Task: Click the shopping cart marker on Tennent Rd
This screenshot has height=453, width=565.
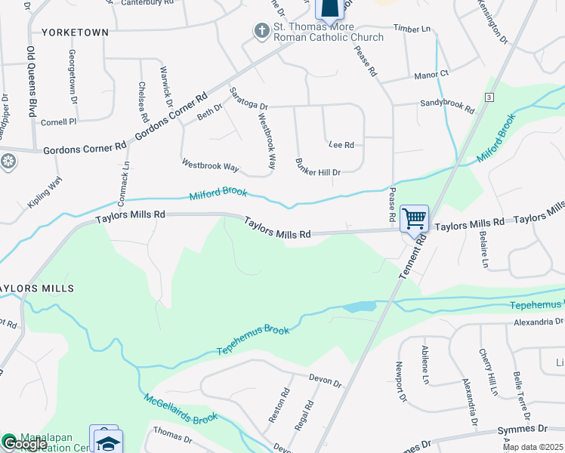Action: [414, 219]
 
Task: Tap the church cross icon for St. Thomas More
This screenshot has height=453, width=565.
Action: [261, 31]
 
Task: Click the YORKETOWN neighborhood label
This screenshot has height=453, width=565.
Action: [76, 32]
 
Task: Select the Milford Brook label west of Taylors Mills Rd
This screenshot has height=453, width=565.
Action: [218, 194]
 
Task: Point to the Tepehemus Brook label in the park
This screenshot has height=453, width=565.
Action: [254, 341]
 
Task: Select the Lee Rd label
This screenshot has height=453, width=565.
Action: [341, 143]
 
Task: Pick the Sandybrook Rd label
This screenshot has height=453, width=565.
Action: [447, 106]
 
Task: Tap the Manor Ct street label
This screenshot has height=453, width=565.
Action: [431, 74]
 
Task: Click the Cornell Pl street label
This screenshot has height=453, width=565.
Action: [59, 121]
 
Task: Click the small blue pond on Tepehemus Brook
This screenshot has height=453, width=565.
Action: [359, 307]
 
